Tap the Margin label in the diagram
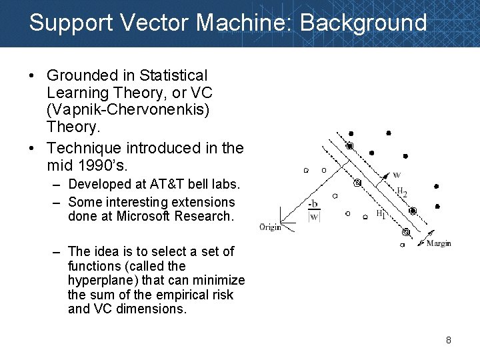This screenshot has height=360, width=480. click(439, 243)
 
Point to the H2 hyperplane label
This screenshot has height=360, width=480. click(401, 192)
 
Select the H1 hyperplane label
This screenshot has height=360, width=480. click(381, 214)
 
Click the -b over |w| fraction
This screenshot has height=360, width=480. click(313, 210)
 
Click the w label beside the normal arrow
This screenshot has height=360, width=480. click(397, 175)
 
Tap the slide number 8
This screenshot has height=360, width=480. click(449, 341)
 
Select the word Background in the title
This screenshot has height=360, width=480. click(363, 23)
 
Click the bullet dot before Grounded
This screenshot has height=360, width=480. click(33, 76)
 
